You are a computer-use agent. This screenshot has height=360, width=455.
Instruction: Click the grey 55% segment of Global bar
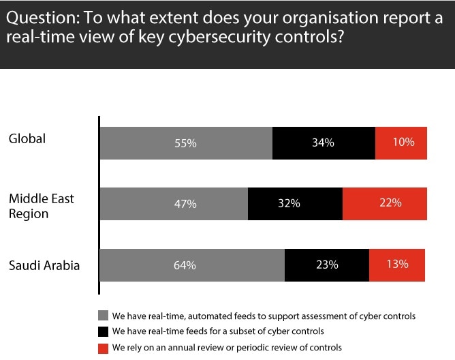coord(185,143)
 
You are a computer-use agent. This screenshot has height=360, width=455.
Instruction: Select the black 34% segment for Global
coord(324,143)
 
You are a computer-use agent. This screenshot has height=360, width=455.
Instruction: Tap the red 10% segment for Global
coord(401,143)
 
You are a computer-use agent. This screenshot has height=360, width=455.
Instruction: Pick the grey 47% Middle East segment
coord(174,203)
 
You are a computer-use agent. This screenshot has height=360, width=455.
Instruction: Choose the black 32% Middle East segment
coord(295,203)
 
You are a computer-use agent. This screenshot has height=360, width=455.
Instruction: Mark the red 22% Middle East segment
coord(385,203)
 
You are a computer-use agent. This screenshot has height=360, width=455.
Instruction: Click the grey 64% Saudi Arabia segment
coord(192,265)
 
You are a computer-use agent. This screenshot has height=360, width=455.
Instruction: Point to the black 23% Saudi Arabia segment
coord(327,265)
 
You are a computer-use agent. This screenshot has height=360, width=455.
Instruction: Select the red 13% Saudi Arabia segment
coord(397,265)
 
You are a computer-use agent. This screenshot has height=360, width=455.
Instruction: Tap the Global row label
coord(27,139)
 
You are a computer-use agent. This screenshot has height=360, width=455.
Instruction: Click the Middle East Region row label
coord(41,206)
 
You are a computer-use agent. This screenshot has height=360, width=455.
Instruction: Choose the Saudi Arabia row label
coord(44,265)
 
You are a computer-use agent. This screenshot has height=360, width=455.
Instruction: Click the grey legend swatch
coord(104,316)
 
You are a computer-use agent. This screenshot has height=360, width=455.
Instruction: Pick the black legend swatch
coord(104,332)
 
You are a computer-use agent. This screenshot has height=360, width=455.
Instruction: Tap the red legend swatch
coord(104,348)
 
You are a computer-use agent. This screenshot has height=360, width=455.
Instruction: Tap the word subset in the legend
coord(235,332)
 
